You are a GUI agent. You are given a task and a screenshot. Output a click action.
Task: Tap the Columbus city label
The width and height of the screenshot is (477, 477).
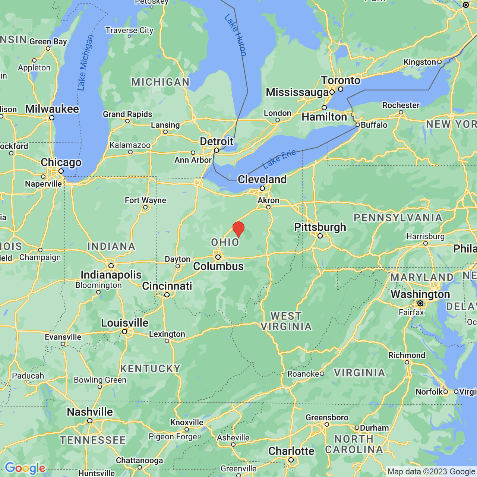[x=218, y=266]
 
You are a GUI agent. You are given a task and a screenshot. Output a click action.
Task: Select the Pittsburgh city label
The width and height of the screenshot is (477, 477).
[x=320, y=227]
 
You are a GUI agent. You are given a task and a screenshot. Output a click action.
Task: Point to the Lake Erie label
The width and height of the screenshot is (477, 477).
[x=279, y=159]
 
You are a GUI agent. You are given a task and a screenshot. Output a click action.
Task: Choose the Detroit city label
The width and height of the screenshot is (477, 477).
[x=217, y=142]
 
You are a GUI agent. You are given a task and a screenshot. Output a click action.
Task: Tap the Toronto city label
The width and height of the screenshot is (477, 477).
[x=341, y=80]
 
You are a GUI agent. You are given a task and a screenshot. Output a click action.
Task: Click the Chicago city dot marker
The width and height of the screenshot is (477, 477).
[x=61, y=171]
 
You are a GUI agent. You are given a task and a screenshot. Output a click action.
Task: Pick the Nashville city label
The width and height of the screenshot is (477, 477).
[x=90, y=412]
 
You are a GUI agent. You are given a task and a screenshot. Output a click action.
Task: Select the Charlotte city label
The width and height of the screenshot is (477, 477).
[x=291, y=451]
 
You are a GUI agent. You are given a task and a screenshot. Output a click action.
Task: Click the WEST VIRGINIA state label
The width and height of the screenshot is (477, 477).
[x=286, y=321]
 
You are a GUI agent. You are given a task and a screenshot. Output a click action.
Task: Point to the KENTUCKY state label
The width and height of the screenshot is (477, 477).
[x=150, y=369]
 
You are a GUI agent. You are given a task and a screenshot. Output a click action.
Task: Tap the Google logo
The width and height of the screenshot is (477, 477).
[x=25, y=468]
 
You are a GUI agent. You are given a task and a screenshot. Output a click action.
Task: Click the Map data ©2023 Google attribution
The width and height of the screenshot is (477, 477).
[x=431, y=472]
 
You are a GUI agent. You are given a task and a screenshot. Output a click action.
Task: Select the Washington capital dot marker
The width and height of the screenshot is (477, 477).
[x=420, y=304]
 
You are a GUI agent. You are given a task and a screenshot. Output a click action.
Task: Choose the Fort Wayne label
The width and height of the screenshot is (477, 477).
[x=145, y=200]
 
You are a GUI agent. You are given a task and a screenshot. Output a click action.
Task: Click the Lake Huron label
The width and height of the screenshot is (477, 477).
[x=236, y=35]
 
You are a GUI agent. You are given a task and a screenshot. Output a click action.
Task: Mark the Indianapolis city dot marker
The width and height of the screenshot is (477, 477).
[x=111, y=266]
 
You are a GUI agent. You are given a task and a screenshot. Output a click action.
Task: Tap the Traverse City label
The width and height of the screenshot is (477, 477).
[x=129, y=31]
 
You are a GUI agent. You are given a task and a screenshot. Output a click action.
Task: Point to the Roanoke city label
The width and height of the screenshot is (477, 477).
[x=303, y=374]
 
